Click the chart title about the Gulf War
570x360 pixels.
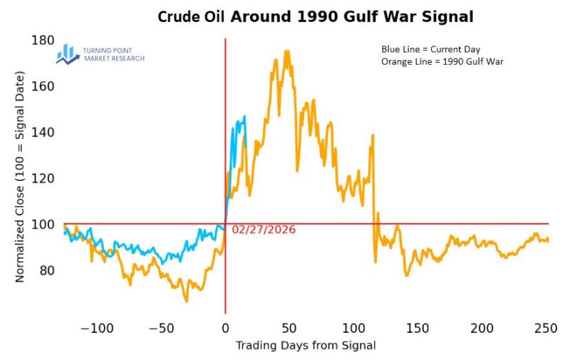[315, 16]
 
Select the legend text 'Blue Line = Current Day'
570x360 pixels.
[431, 49]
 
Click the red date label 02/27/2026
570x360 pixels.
[264, 230]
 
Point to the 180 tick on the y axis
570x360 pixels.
[43, 40]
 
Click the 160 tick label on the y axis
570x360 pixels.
[43, 86]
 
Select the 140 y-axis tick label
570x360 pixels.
[43, 133]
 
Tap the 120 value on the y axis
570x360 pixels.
[43, 178]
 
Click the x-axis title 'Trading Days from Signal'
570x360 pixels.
[306, 346]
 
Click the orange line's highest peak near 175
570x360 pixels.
[286, 51]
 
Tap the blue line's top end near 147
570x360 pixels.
[244, 116]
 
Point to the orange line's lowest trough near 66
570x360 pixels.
[187, 302]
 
